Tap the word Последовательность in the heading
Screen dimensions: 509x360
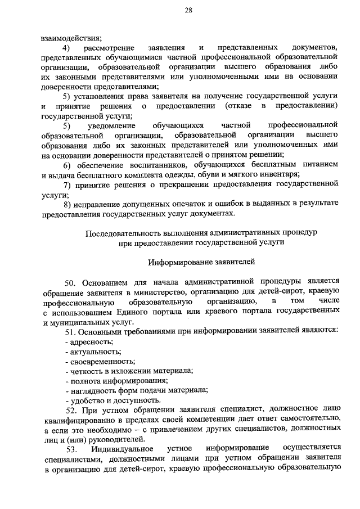[x=126, y=232]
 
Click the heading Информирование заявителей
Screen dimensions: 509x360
[x=201, y=262]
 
